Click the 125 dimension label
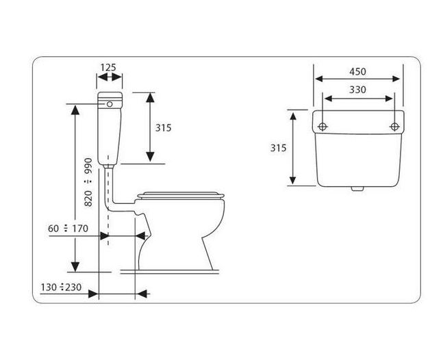[108, 68]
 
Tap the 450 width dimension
[357, 71]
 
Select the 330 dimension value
[357, 90]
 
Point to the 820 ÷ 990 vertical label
[88, 182]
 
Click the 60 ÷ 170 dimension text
[68, 228]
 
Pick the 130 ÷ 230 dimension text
[61, 287]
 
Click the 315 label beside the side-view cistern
[163, 128]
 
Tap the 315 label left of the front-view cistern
[278, 148]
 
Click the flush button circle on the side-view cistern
[110, 104]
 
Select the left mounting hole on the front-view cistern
[322, 127]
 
